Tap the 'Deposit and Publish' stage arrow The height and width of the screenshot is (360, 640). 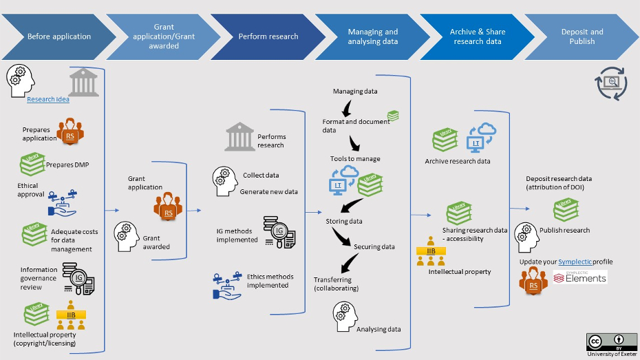tap(582, 36)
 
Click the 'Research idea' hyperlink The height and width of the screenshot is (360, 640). tap(48, 99)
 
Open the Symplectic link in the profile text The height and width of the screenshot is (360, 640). tap(575, 262)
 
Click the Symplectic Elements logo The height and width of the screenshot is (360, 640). tap(580, 277)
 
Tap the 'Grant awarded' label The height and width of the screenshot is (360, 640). tap(156, 242)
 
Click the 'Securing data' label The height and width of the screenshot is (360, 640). tap(374, 246)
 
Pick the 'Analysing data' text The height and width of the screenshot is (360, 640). tap(378, 329)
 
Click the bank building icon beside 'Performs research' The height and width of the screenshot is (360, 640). tap(239, 136)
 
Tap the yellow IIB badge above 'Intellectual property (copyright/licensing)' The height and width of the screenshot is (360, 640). tap(71, 315)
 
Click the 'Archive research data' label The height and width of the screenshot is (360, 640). tap(458, 162)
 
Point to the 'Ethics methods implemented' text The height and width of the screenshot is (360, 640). tap(270, 281)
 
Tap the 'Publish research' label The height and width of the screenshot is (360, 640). tap(564, 230)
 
